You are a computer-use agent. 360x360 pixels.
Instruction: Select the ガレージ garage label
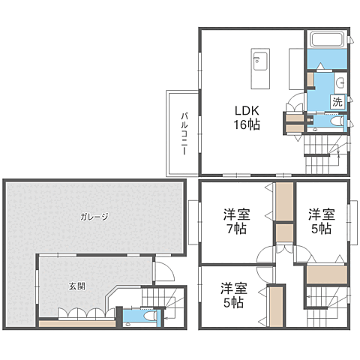pyautogui.click(x=95, y=217)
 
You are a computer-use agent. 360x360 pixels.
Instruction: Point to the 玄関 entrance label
pyautogui.click(x=76, y=286)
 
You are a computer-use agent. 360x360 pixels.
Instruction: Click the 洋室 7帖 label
pyautogui.click(x=236, y=220)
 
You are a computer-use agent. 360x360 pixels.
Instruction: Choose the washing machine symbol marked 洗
pyautogui.click(x=337, y=100)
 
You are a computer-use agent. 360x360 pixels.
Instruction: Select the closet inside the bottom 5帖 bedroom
pyautogui.click(x=275, y=306)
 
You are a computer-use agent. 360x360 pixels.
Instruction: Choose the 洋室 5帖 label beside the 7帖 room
pyautogui.click(x=320, y=220)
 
